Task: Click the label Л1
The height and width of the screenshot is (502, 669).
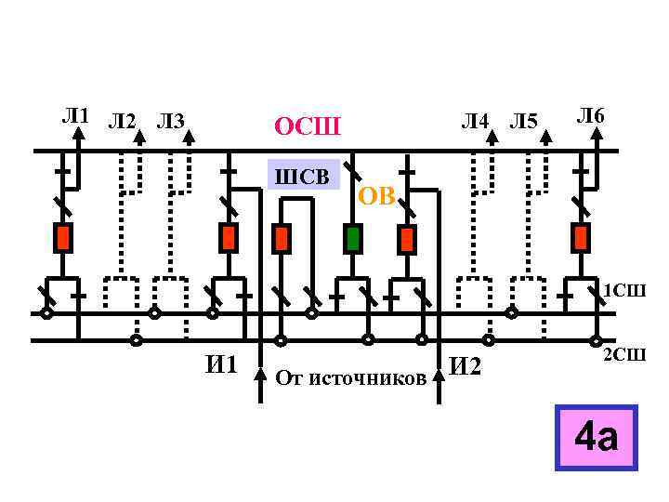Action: tap(74, 116)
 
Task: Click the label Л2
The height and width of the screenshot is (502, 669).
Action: tap(122, 121)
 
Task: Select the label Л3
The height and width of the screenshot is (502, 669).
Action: tap(170, 121)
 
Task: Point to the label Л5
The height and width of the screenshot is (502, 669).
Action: tap(524, 121)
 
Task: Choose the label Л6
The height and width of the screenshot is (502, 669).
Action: tap(590, 115)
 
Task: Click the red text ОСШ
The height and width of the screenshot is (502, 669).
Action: tap(308, 125)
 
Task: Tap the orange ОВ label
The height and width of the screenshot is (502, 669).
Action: tap(376, 196)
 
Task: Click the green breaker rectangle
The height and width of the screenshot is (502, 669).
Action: tap(352, 238)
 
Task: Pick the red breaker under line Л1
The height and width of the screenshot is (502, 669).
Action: tap(63, 238)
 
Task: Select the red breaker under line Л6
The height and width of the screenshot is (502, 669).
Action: tap(582, 238)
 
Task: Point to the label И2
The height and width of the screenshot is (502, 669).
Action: tap(466, 367)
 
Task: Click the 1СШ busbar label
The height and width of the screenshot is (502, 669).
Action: tap(623, 291)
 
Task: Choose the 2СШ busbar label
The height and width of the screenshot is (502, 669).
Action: tap(623, 354)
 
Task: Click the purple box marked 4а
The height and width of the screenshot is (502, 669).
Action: tap(596, 437)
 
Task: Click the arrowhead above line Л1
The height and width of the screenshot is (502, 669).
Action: tap(81, 132)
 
